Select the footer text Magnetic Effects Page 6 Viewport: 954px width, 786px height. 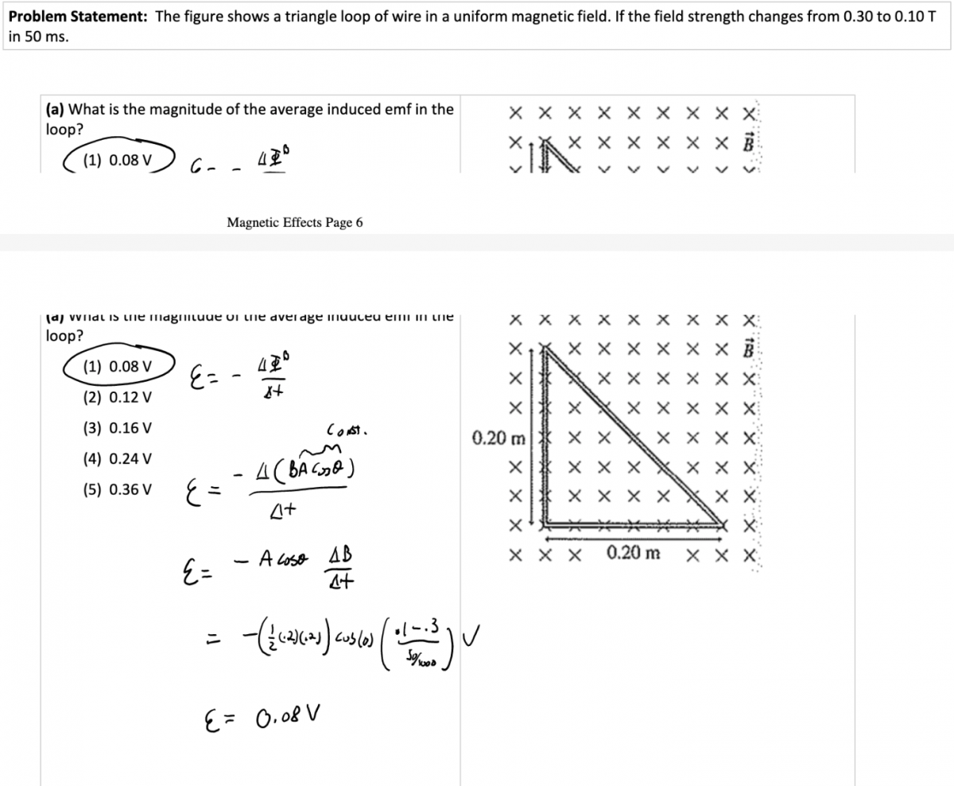point(295,223)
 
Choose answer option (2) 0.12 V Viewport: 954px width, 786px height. point(118,397)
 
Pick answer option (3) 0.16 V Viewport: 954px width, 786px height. point(118,428)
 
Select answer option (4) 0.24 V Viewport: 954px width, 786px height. point(118,459)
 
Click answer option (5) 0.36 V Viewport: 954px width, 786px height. point(118,489)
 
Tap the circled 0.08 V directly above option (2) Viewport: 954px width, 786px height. point(118,366)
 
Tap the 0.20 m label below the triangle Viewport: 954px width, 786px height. point(633,553)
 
